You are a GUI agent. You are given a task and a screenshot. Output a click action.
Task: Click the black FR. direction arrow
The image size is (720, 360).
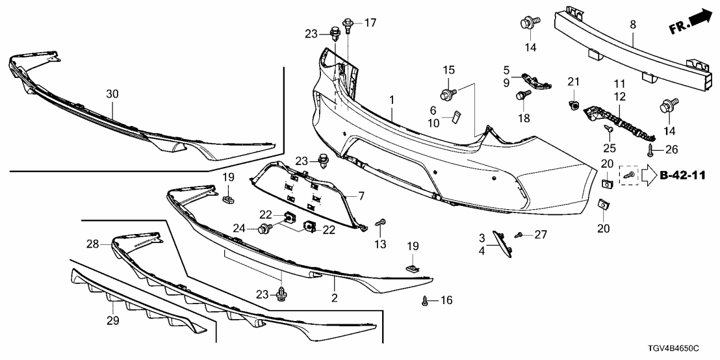point(699,19)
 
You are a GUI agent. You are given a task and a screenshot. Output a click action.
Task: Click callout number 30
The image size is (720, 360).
point(112,94)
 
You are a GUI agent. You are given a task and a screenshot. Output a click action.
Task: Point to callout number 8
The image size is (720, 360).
point(632,25)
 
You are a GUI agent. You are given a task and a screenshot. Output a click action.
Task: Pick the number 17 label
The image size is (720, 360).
point(370,23)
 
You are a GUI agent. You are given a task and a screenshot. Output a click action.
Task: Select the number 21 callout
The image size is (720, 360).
point(572,81)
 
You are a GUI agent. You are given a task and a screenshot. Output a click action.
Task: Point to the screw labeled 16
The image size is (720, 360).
point(426,301)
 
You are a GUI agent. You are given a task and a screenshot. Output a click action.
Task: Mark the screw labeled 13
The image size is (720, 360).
point(382,224)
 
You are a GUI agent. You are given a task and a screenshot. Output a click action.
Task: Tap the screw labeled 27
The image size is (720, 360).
point(519,234)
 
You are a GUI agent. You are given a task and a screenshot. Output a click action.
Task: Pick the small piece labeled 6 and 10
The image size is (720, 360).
point(456,116)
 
